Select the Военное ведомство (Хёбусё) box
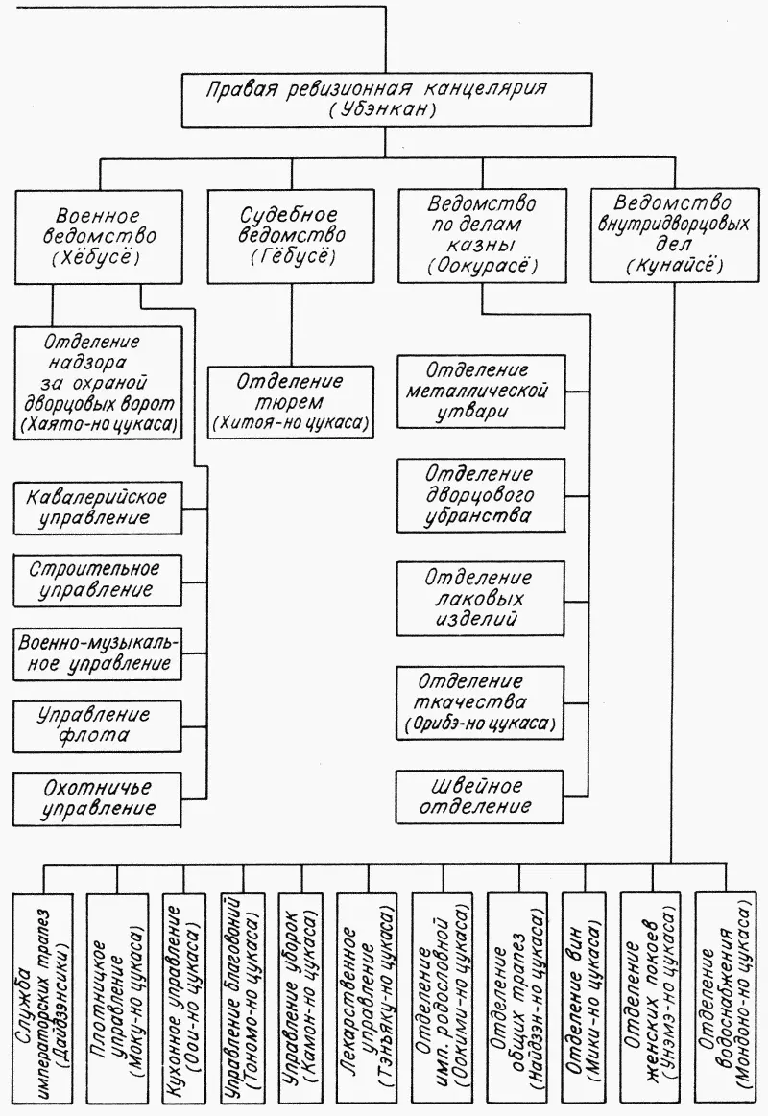coord(97,234)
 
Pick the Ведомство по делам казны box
coord(481,234)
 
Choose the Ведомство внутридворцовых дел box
coord(673,234)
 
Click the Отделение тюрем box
coord(291,401)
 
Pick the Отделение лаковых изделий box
coord(480,598)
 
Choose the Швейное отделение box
coord(480,795)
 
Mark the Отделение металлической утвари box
coord(480,392)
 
